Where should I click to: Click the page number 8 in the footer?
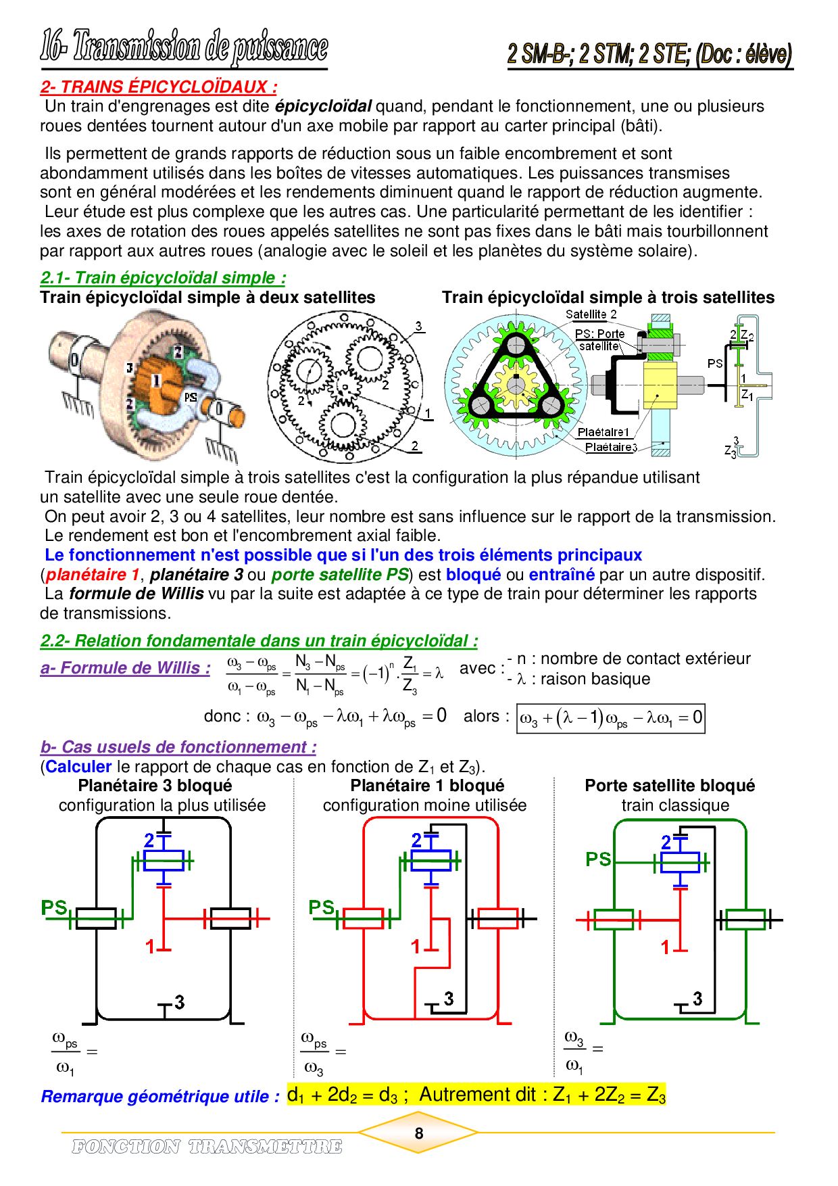(x=419, y=1133)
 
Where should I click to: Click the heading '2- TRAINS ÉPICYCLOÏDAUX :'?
(x=159, y=87)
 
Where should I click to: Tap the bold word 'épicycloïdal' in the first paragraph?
(x=323, y=106)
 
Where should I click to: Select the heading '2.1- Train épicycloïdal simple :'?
(x=163, y=278)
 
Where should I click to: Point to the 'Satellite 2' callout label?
(x=591, y=314)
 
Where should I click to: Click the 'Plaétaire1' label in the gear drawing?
(x=603, y=432)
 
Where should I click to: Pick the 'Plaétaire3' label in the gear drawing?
(x=611, y=447)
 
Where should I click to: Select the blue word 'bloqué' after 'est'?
(x=474, y=575)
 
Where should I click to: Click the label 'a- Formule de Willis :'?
(x=125, y=668)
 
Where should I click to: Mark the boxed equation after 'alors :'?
(x=610, y=718)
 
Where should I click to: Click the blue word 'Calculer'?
(x=78, y=767)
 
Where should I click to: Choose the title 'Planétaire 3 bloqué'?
(x=155, y=786)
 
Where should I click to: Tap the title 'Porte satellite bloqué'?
(x=670, y=786)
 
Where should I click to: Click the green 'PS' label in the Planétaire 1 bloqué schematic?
(x=322, y=907)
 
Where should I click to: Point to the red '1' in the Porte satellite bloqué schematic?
(x=665, y=948)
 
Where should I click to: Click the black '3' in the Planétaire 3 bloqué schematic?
(x=179, y=1002)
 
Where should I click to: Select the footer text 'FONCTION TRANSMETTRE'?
(x=207, y=1147)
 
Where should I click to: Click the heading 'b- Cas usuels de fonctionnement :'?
(x=178, y=747)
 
